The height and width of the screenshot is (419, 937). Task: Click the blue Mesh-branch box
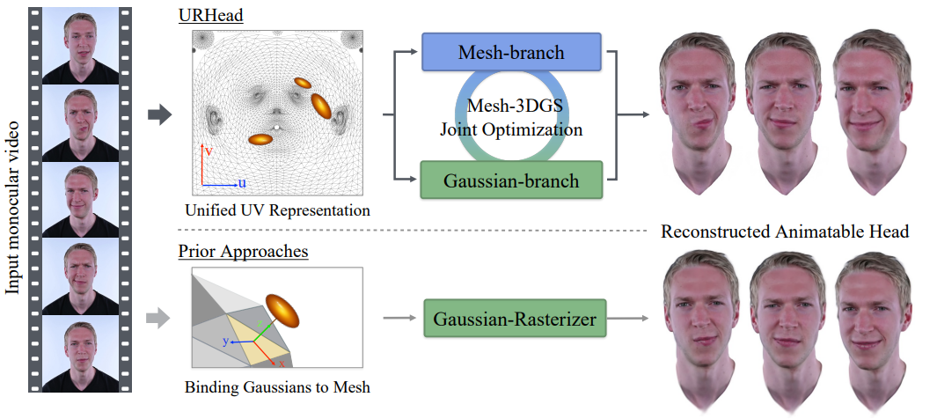click(x=511, y=52)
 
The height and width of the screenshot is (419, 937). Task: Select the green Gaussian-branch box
click(x=511, y=180)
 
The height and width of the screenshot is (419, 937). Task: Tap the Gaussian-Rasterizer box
click(x=515, y=319)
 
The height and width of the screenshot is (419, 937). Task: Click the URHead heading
click(x=210, y=16)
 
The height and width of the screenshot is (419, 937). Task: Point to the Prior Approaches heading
click(x=243, y=251)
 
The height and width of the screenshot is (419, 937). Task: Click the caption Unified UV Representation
click(x=277, y=210)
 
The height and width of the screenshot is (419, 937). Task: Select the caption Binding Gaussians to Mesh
click(x=277, y=387)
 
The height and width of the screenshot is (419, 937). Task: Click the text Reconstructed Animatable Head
click(x=785, y=232)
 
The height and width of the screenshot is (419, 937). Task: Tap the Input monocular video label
click(x=14, y=209)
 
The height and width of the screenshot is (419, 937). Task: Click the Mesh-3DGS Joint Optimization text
click(x=511, y=117)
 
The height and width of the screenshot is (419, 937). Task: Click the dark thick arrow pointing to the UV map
click(x=159, y=114)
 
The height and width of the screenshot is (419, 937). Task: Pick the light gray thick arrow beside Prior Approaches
click(x=158, y=318)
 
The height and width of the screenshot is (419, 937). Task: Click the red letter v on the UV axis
click(x=209, y=151)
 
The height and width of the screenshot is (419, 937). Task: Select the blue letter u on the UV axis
click(x=242, y=183)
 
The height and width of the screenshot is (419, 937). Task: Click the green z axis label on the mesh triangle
click(x=259, y=322)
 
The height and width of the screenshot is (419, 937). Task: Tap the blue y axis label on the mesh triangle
click(x=226, y=342)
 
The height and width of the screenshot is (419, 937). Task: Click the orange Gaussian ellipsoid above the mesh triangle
click(x=282, y=311)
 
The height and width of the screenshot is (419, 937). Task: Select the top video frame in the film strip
click(x=81, y=46)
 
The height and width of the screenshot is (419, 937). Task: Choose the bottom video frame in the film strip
click(x=81, y=355)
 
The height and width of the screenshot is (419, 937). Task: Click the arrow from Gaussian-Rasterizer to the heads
click(x=627, y=319)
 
